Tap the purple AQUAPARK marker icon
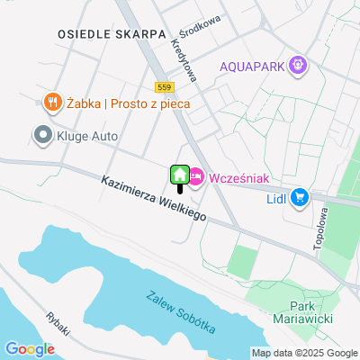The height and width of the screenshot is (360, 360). [x=299, y=66]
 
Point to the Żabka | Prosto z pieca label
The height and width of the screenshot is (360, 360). [x=125, y=103]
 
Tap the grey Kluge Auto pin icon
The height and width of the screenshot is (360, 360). [x=41, y=136]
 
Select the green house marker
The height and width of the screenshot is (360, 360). [x=179, y=174]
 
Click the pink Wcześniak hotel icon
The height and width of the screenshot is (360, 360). [x=196, y=177]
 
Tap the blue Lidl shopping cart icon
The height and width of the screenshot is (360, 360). [x=299, y=196]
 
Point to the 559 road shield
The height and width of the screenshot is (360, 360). [x=163, y=87]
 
